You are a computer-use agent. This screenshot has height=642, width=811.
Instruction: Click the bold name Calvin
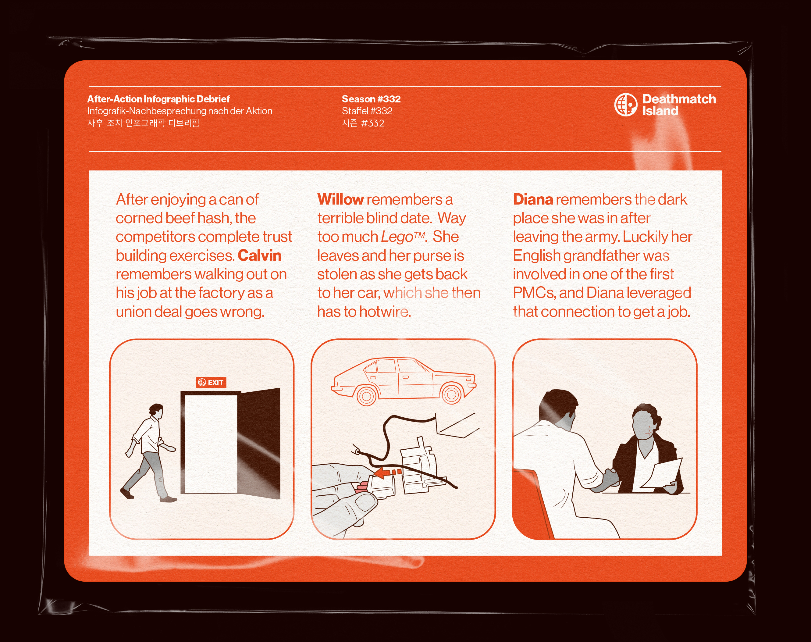pos(259,255)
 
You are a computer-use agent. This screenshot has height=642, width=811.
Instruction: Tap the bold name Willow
pos(340,200)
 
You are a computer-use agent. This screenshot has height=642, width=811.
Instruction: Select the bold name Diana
pos(533,200)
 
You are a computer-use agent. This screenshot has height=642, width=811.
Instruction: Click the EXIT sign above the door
pos(211,382)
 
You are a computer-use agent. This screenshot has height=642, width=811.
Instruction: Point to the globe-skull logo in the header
pos(626,105)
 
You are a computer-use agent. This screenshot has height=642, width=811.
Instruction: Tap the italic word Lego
pos(397,237)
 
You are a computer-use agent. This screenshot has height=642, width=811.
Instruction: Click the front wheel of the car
pos(451,394)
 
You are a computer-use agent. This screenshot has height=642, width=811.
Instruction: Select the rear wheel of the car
pos(366,395)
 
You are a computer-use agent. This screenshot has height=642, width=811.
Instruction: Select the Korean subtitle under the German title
pos(143,123)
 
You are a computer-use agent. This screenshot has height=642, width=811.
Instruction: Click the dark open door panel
pos(259,444)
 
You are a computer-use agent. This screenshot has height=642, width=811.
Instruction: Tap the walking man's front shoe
pos(169,499)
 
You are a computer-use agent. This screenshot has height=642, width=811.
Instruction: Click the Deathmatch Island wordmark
pos(679,105)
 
